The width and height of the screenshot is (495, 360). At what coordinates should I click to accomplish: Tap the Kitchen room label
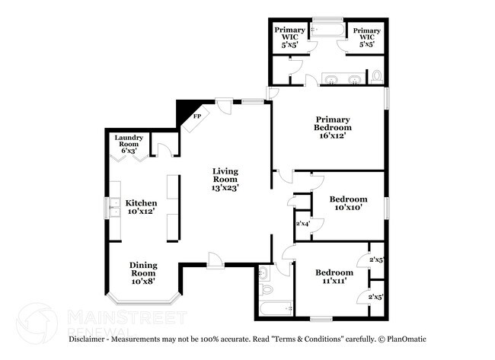pos(142,203)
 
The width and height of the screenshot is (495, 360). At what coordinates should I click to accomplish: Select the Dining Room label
pos(143,269)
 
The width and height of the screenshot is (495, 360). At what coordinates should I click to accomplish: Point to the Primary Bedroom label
pos(334,123)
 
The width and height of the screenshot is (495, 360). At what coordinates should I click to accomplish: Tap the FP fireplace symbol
pos(196,116)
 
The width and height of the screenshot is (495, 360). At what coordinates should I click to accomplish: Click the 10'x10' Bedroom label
pos(350,199)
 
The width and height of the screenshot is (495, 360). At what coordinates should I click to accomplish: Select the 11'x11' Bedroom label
pos(334,272)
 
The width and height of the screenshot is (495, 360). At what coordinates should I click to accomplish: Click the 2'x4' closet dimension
pos(302,224)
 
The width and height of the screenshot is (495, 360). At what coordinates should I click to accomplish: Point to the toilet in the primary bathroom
pos(376,76)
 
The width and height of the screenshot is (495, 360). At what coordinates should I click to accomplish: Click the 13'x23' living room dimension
pos(226,186)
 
